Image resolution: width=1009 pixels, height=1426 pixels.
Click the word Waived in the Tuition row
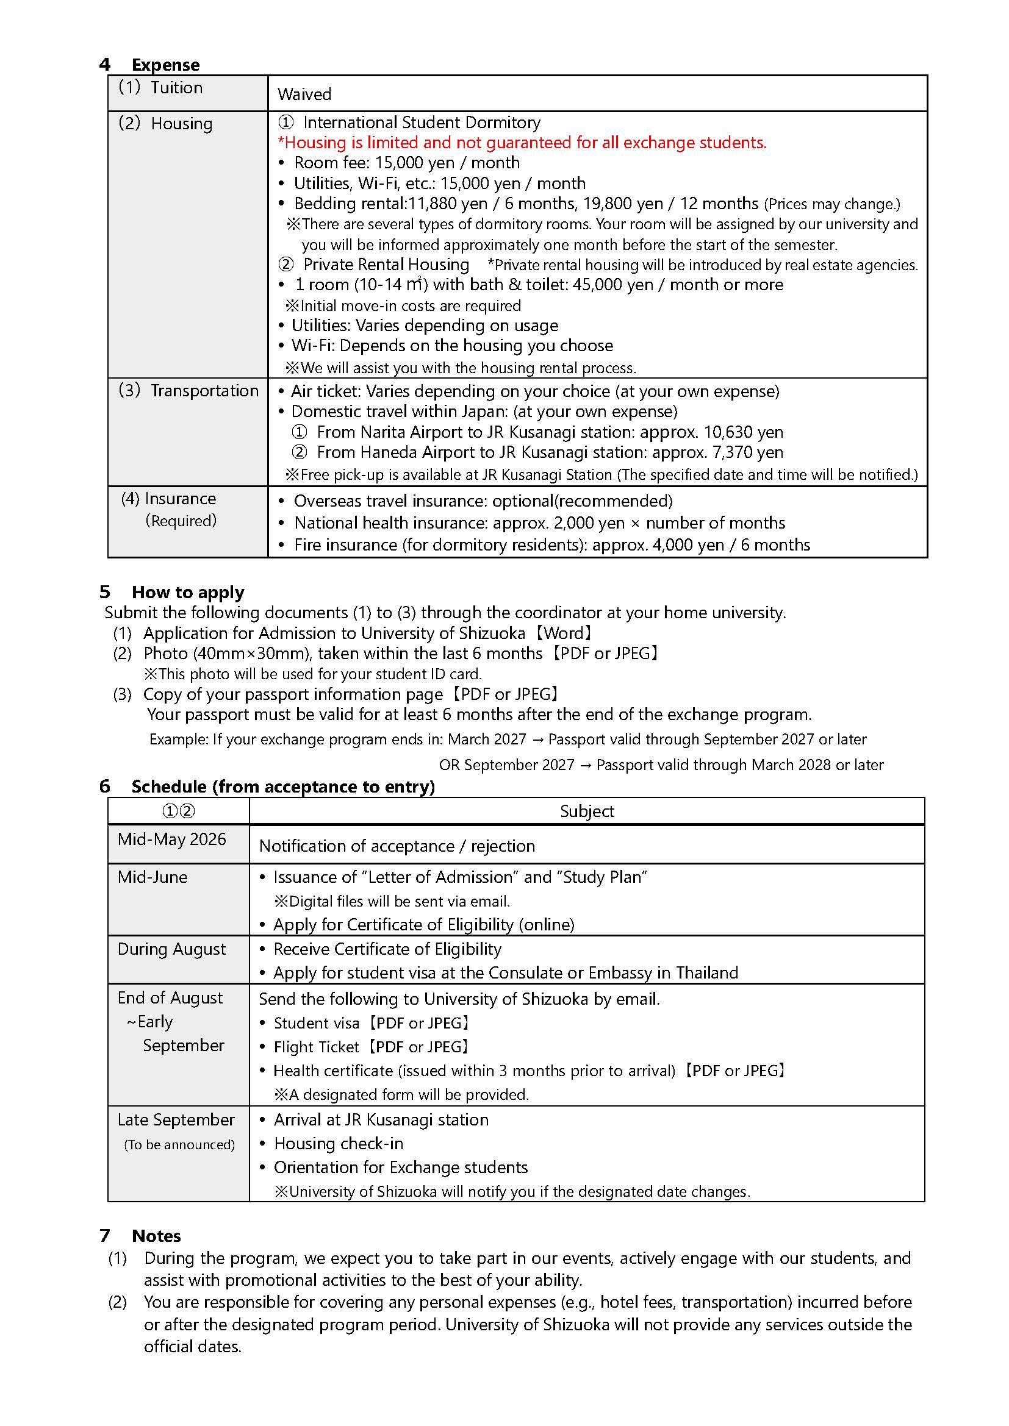click(304, 94)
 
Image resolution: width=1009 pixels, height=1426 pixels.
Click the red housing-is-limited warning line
click(522, 143)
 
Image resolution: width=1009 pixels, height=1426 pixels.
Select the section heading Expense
click(165, 65)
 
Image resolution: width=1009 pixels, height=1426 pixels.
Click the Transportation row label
click(204, 391)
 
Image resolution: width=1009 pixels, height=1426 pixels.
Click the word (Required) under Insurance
click(181, 521)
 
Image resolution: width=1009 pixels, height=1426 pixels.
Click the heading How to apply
click(188, 592)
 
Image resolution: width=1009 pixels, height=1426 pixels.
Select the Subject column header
click(586, 811)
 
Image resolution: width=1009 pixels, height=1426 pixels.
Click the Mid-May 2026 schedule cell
click(171, 840)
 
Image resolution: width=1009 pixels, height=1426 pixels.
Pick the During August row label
click(171, 949)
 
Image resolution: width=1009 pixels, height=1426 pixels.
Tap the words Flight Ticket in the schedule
click(316, 1047)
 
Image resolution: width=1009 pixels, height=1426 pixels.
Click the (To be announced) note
click(179, 1145)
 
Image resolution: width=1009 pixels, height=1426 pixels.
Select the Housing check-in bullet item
click(339, 1143)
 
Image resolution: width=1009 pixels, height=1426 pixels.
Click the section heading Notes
click(156, 1236)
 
